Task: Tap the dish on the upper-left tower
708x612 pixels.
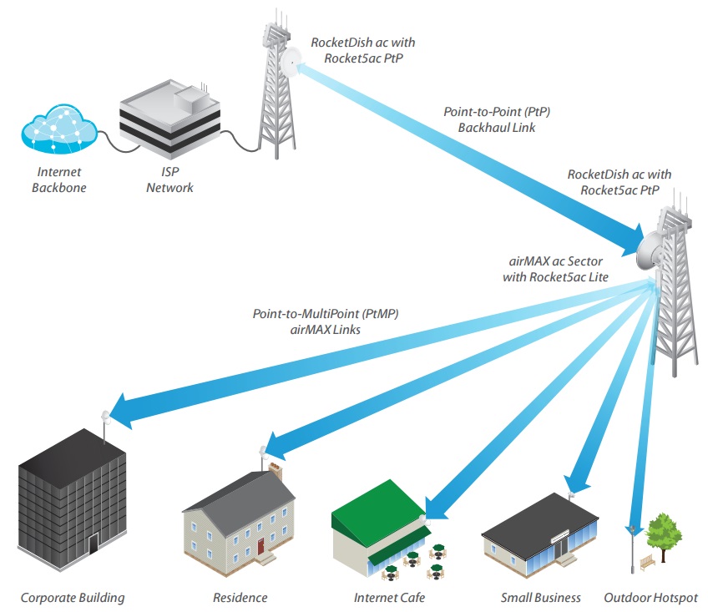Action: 291,61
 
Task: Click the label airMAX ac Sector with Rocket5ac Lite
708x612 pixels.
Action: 555,270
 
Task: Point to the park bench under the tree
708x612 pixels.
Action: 649,564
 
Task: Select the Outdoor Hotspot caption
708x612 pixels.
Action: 650,598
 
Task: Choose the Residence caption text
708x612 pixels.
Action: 240,598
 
